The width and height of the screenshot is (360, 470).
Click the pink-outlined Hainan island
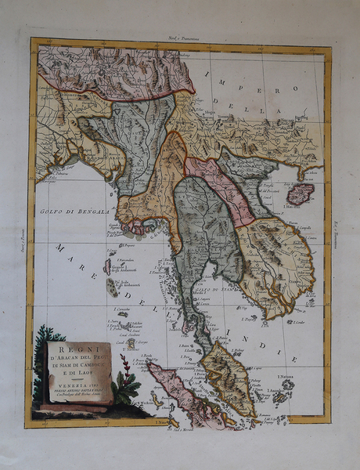(x=300, y=193)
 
